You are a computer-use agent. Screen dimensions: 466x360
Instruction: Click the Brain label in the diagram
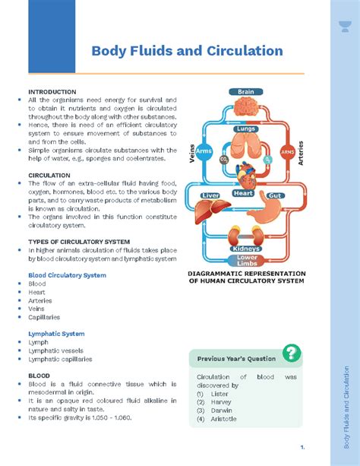coord(246,92)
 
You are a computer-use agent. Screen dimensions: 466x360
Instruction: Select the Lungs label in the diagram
coord(246,129)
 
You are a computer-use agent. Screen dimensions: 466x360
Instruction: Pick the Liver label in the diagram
coord(210,195)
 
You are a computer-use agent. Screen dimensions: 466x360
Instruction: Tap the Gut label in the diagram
coord(275,195)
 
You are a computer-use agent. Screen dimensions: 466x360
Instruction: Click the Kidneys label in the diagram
coord(246,249)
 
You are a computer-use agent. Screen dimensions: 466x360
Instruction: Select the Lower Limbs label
coord(246,261)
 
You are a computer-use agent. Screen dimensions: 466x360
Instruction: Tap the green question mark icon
coord(292,353)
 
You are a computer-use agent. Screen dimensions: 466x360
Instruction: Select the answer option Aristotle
coord(223,419)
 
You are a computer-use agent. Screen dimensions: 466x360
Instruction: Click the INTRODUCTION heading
coord(52,91)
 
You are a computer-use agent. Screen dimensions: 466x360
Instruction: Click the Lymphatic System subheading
coord(56,334)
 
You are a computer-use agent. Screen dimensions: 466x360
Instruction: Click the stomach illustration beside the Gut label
coord(270,213)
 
